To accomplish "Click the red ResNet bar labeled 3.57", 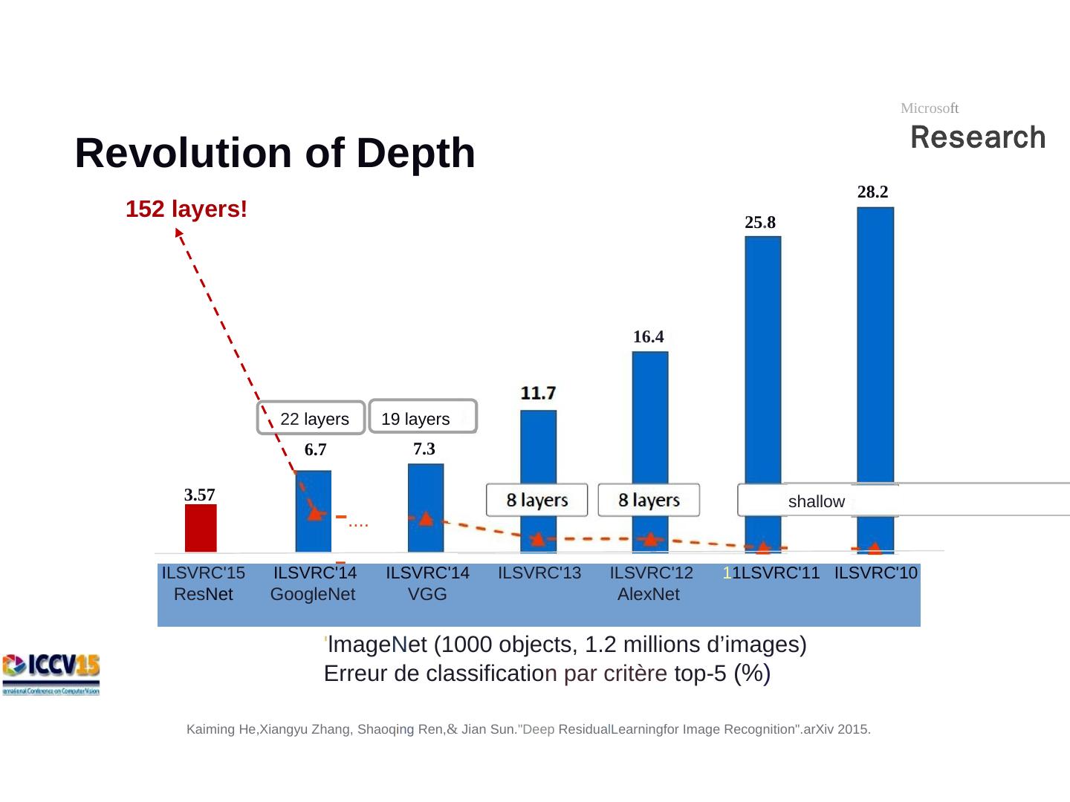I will click(201, 528).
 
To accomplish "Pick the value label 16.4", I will click(648, 337).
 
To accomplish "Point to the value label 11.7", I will click(538, 392).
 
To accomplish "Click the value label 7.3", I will click(424, 449).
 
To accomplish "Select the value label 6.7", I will click(315, 450).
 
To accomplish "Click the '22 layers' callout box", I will click(311, 418).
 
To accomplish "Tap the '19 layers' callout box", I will click(422, 418).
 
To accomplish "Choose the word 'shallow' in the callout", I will click(816, 502).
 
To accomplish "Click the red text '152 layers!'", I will click(186, 209).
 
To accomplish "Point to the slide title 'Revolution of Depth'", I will click(275, 153).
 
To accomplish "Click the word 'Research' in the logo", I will click(978, 138).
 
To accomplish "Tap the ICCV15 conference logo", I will click(51, 674).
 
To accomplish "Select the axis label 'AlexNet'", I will click(648, 595).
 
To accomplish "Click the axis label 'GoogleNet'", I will click(313, 595).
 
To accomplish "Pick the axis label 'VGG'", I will click(427, 595).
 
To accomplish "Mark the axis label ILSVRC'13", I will click(539, 573).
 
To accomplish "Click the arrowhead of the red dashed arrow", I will click(178, 232).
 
